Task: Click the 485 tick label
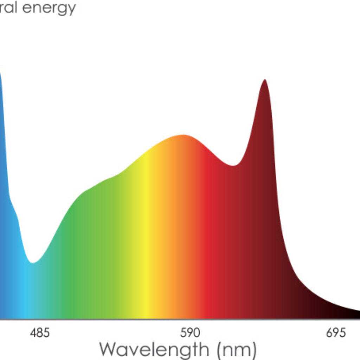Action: click(x=40, y=333)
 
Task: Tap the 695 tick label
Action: click(x=336, y=333)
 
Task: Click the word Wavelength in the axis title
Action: click(x=154, y=349)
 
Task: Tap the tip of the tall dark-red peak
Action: click(x=265, y=80)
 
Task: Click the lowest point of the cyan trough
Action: click(x=33, y=262)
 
